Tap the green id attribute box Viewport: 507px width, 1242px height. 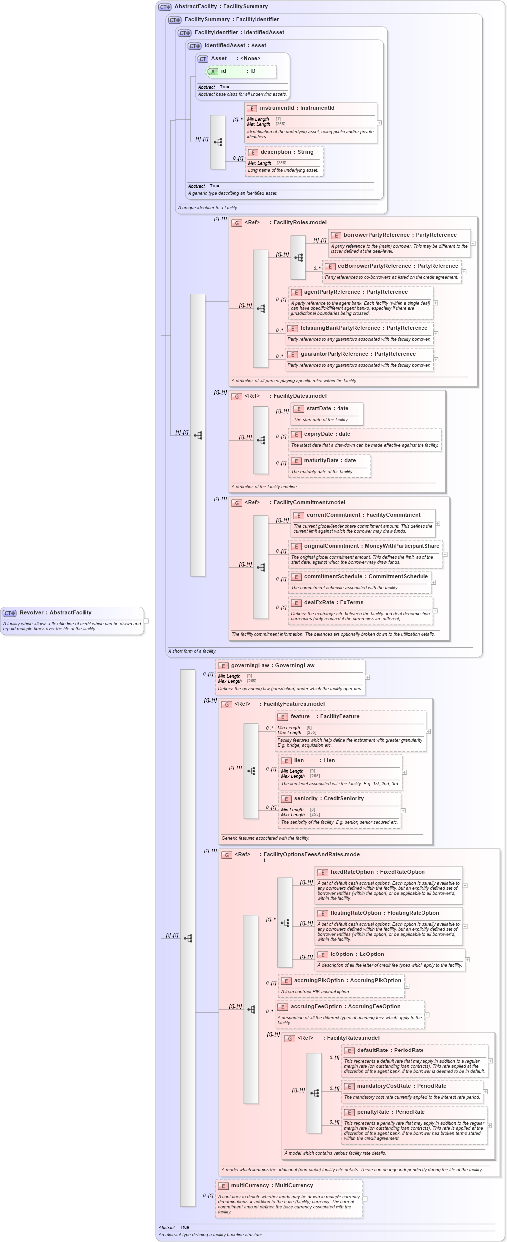pyautogui.click(x=242, y=71)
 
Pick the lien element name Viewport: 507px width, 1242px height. pyautogui.click(x=299, y=761)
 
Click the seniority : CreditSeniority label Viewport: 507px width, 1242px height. pyautogui.click(x=329, y=799)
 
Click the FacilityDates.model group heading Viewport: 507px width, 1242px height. pyautogui.click(x=300, y=396)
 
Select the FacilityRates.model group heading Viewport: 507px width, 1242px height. pyautogui.click(x=352, y=1038)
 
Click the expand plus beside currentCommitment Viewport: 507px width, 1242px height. pyautogui.click(x=438, y=523)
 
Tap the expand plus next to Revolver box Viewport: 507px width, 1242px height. pyautogui.click(x=146, y=621)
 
